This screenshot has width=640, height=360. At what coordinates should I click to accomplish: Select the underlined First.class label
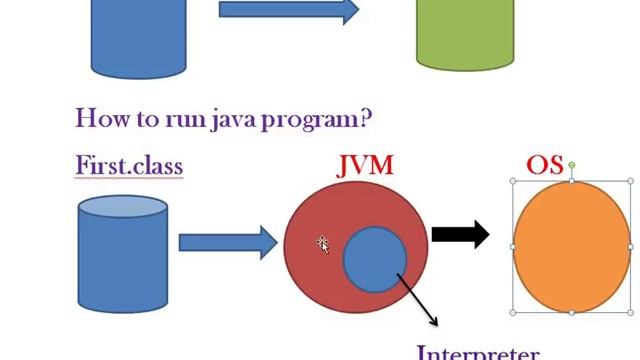(129, 164)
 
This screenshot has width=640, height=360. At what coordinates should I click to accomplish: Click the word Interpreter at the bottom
(477, 353)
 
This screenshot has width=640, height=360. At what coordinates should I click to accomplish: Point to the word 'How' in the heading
(99, 118)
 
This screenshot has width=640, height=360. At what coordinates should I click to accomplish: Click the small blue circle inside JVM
(375, 258)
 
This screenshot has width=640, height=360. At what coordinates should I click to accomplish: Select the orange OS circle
(572, 246)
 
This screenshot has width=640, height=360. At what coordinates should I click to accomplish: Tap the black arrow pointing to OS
(460, 235)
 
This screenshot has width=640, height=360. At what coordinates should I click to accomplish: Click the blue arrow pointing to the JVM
(227, 241)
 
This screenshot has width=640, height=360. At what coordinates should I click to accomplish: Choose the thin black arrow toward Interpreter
(419, 301)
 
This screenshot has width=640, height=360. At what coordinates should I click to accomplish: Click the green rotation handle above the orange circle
(572, 165)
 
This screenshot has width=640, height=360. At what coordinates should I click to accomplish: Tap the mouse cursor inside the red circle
(323, 243)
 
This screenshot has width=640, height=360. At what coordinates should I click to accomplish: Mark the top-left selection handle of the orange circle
(514, 182)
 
